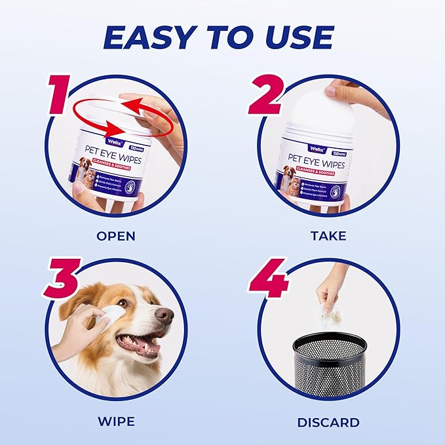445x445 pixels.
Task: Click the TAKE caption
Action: (328, 235)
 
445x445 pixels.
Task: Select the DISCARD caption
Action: (328, 421)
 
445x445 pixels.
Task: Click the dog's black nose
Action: (165, 317)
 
